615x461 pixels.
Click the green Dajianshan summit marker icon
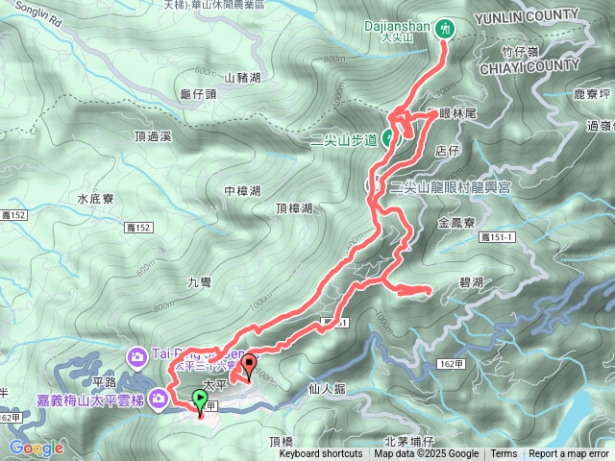444,29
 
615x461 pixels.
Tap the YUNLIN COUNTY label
533,15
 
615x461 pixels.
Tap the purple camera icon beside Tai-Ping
136,358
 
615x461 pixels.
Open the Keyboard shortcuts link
321,454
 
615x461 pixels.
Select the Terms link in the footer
504,454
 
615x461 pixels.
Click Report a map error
568,454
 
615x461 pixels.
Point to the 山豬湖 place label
242,78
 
